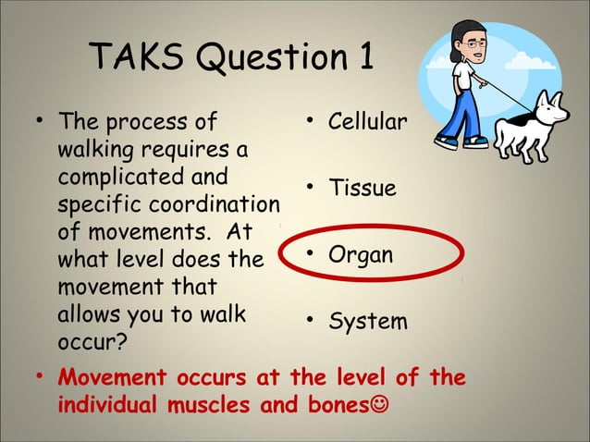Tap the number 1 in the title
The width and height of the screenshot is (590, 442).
pyautogui.click(x=363, y=58)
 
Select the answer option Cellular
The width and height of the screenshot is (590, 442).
pyautogui.click(x=368, y=122)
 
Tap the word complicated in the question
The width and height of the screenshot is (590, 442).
pyautogui.click(x=110, y=176)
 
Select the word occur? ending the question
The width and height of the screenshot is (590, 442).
pyautogui.click(x=89, y=340)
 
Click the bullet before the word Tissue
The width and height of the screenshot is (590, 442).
pyautogui.click(x=312, y=189)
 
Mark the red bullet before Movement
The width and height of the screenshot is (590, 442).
pyautogui.click(x=40, y=378)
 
